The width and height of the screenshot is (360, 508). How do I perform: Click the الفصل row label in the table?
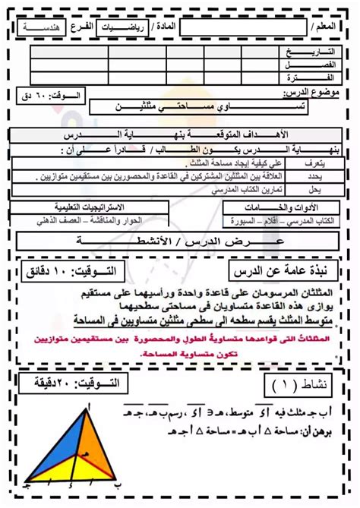coord(302,65)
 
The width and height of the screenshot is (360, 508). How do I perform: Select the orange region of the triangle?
coord(95,437)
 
